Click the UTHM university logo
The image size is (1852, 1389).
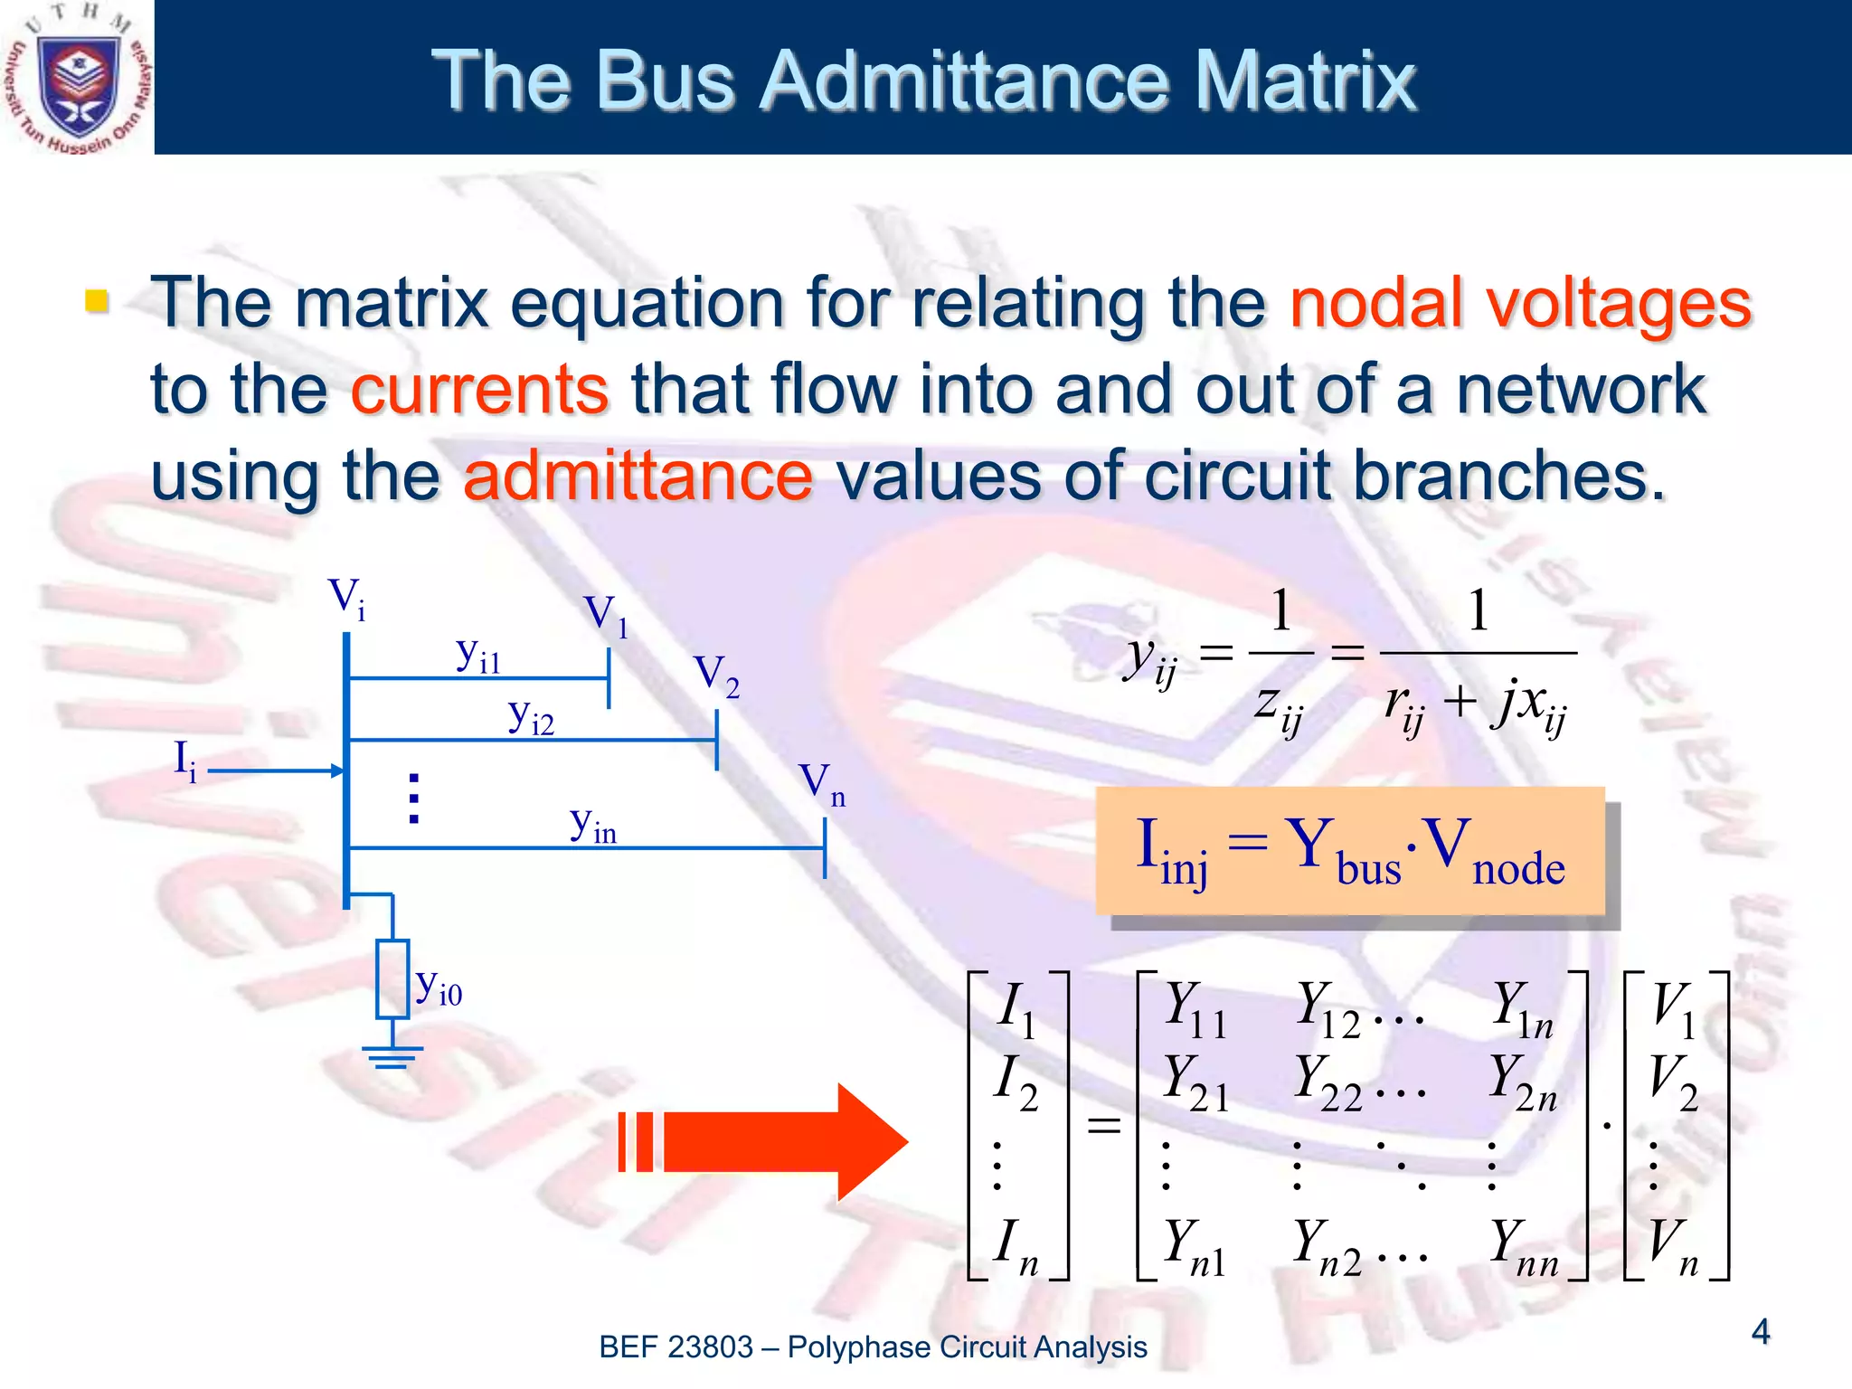click(77, 78)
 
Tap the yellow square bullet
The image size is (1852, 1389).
click(96, 300)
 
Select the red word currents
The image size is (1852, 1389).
click(479, 390)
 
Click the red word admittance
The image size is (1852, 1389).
click(638, 477)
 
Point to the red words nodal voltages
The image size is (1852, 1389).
click(1520, 304)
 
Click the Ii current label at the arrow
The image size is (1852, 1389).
click(184, 761)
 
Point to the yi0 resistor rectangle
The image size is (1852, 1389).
click(393, 979)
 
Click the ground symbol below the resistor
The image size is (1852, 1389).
click(392, 1056)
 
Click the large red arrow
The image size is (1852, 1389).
click(769, 1142)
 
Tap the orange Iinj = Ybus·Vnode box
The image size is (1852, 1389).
click(1349, 850)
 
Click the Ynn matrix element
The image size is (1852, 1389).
click(1523, 1247)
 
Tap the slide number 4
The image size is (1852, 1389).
click(1760, 1331)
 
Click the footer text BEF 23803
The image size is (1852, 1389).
click(676, 1347)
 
